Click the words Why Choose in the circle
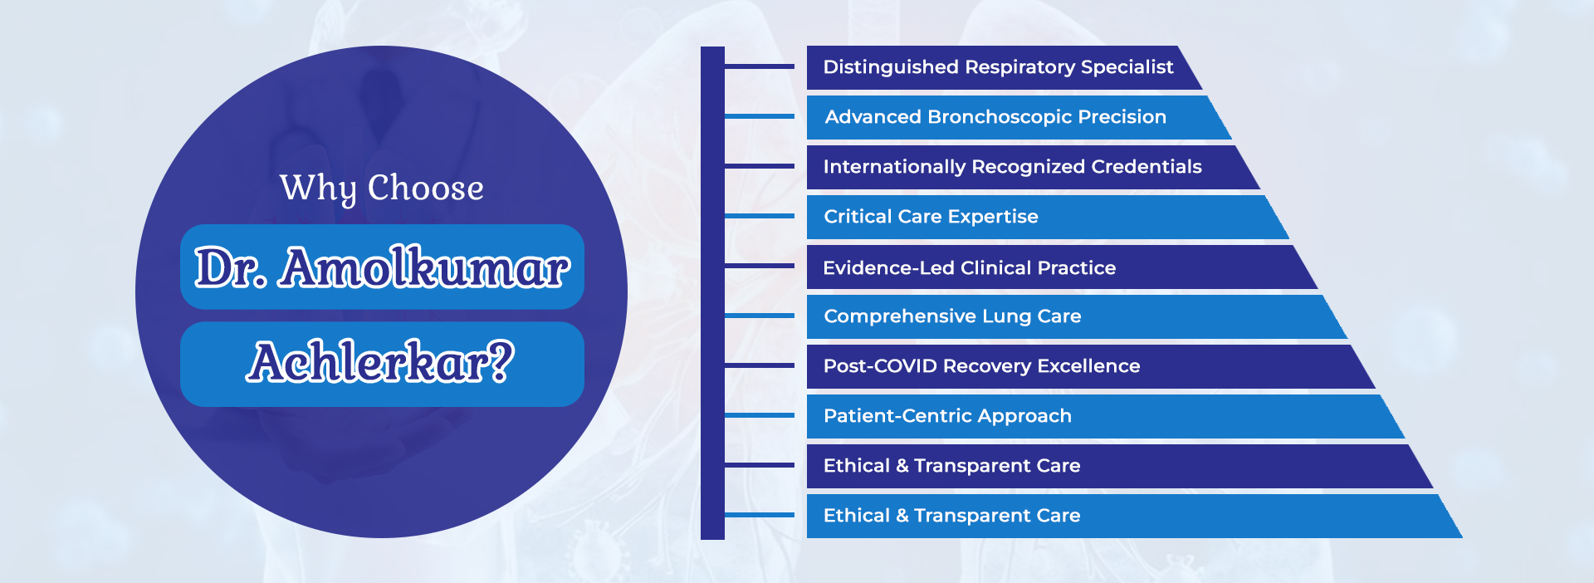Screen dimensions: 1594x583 [x=382, y=189]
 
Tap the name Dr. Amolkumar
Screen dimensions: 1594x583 [x=382, y=267]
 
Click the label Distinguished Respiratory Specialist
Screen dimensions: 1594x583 [x=998, y=67]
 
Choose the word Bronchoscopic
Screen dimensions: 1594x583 [x=988, y=117]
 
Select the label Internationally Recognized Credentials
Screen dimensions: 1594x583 [x=1012, y=167]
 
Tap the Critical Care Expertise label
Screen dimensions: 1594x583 [x=931, y=217]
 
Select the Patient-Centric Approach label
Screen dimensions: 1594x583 [x=947, y=416]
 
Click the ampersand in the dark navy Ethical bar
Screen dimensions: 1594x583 [x=902, y=466]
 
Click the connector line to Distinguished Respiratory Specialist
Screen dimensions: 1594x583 [x=760, y=66]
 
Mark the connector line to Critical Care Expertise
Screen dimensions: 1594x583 [x=760, y=216]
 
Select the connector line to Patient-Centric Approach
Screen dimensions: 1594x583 [x=760, y=415]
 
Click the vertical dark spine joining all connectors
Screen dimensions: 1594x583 [x=712, y=292]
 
